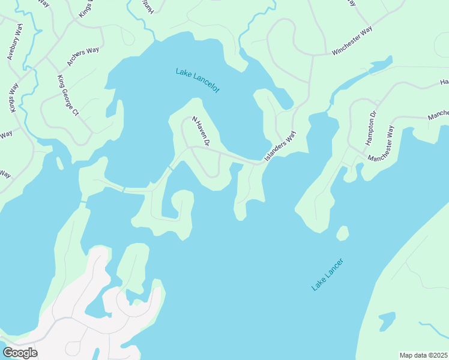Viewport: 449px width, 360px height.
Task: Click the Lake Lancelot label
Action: [198, 80]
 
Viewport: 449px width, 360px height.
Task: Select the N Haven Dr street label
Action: [200, 131]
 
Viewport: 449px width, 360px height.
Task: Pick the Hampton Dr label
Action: [371, 128]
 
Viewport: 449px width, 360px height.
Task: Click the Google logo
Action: [19, 353]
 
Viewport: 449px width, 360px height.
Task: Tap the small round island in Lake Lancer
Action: [342, 233]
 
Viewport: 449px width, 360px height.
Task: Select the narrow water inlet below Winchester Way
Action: [360, 75]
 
